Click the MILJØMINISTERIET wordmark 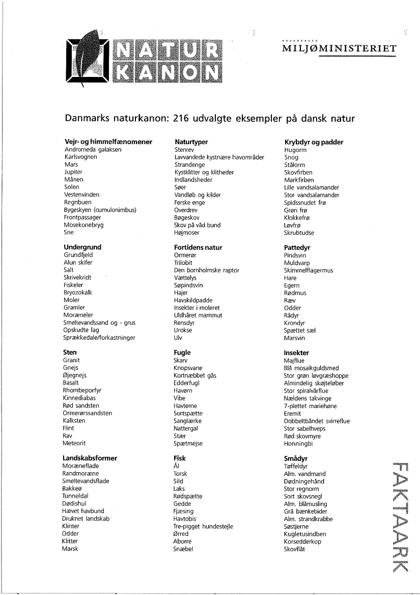pyautogui.click(x=339, y=49)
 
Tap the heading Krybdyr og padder pyautogui.click(x=314, y=142)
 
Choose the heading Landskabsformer pyautogui.click(x=90, y=458)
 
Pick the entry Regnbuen pyautogui.click(x=77, y=202)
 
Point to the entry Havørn pyautogui.click(x=183, y=391)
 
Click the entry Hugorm pyautogui.click(x=295, y=150)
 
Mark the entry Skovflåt pyautogui.click(x=295, y=549)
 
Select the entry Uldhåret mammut pyautogui.click(x=198, y=315)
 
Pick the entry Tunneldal pyautogui.click(x=76, y=496)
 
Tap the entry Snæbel pyautogui.click(x=183, y=549)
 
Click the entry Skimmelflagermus pyautogui.click(x=309, y=270)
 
